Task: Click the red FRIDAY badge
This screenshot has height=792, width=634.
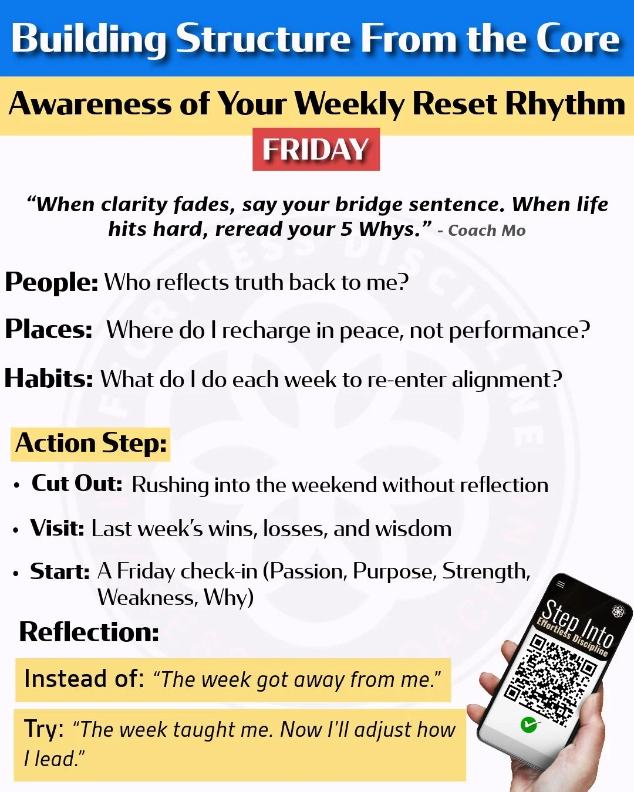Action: click(x=316, y=150)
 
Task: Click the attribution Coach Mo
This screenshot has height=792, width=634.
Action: click(x=487, y=231)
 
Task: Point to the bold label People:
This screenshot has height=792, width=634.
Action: click(x=52, y=282)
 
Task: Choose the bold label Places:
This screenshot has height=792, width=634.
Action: click(x=49, y=330)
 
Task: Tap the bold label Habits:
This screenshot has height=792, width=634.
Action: click(x=49, y=379)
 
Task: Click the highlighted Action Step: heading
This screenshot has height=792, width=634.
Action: click(x=91, y=444)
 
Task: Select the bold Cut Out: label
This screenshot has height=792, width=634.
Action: click(x=77, y=484)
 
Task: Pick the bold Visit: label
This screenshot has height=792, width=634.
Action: click(x=58, y=528)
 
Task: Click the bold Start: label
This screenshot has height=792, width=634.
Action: click(x=60, y=571)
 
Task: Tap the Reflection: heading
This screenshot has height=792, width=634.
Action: click(x=89, y=632)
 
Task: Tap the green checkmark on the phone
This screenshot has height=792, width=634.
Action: click(x=528, y=725)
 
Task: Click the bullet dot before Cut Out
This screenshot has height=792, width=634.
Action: click(x=16, y=486)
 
